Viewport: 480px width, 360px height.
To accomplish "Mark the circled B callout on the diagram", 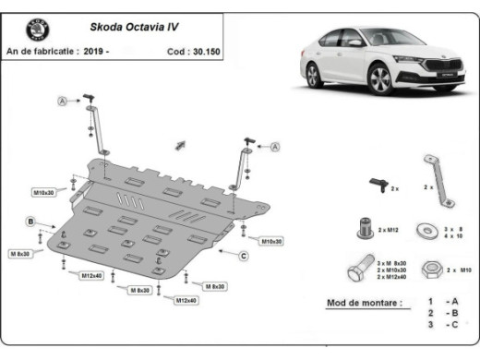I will [x=30, y=222].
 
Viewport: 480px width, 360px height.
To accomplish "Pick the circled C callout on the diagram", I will [x=244, y=255].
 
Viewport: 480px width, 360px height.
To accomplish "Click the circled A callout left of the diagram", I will [x=63, y=100].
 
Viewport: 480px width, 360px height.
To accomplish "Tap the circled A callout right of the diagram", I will [x=275, y=146].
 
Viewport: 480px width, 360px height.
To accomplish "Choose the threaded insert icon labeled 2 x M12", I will [x=366, y=226].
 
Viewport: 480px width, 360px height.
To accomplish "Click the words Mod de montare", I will [x=364, y=303].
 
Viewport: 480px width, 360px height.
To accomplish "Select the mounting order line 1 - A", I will [x=442, y=302].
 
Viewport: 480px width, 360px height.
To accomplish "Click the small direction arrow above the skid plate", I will [x=181, y=144].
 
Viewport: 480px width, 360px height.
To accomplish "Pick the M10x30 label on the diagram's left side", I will [x=44, y=192].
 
